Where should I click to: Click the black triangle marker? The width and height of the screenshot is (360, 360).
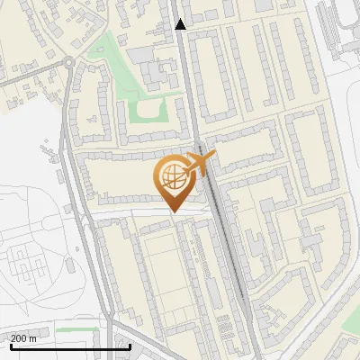click(x=181, y=24)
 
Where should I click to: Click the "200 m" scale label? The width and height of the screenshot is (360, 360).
click(x=23, y=338)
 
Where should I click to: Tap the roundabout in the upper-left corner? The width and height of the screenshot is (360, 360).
click(x=67, y=63)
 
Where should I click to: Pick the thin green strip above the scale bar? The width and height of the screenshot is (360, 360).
click(x=76, y=329)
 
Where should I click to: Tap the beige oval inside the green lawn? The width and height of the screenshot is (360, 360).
click(x=148, y=112)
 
